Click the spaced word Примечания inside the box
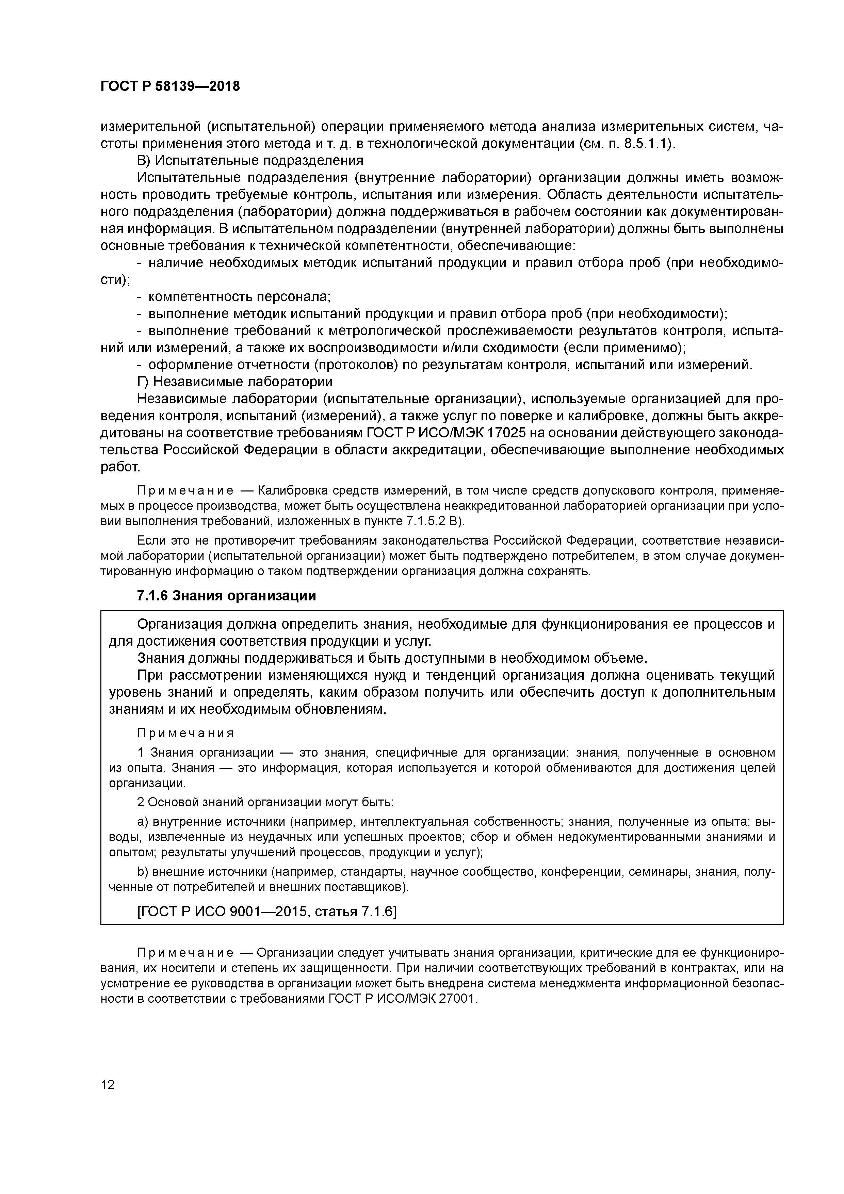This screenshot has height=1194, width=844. click(186, 733)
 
